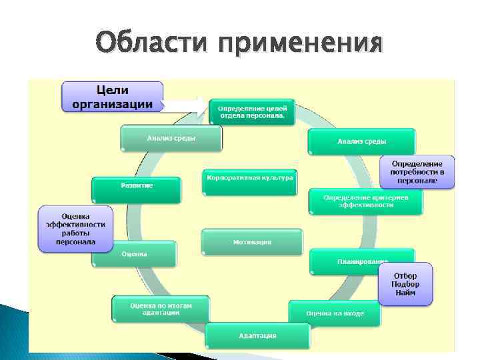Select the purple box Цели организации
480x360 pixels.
[113, 97]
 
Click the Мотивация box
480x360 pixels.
[252, 241]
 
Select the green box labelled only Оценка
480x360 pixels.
[134, 254]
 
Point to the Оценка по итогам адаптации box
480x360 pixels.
[160, 308]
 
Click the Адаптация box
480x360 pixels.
[257, 335]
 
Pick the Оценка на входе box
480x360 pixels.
[335, 313]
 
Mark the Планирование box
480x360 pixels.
[361, 261]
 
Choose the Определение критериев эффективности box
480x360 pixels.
[365, 201]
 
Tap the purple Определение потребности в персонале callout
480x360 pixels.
[417, 171]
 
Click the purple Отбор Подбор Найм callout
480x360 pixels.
[405, 283]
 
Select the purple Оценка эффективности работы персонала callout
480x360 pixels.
[75, 229]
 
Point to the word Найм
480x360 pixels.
[405, 294]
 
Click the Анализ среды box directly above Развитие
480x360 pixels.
[171, 139]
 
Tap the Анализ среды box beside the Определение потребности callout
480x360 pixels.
[361, 141]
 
